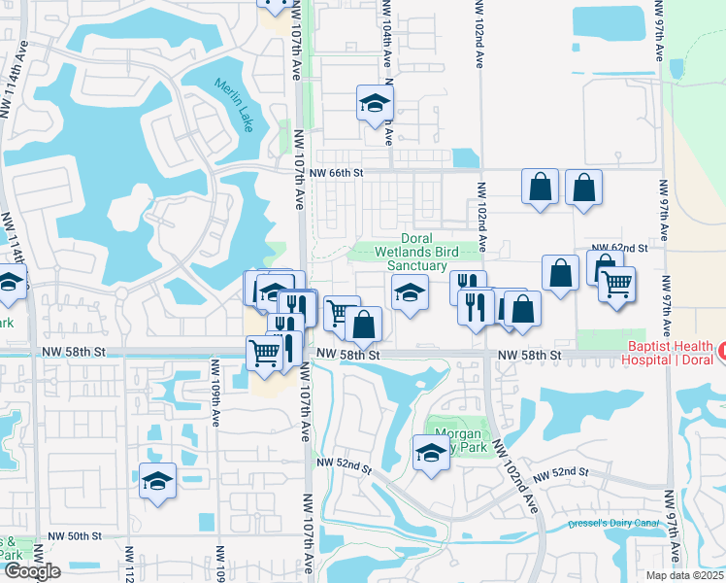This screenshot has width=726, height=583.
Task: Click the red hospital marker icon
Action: (x=720, y=349)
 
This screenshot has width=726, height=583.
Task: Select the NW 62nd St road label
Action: (x=620, y=247)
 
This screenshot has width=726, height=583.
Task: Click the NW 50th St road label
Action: (x=78, y=535)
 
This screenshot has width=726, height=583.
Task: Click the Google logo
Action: (x=31, y=571)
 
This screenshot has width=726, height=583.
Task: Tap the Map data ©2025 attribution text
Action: (x=685, y=575)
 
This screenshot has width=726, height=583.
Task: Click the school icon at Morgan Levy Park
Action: (x=431, y=452)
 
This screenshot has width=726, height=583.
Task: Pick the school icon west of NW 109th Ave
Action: (x=156, y=481)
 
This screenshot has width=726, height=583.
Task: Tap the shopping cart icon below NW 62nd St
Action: (x=617, y=285)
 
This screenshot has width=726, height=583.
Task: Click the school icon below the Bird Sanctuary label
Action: (x=410, y=291)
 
